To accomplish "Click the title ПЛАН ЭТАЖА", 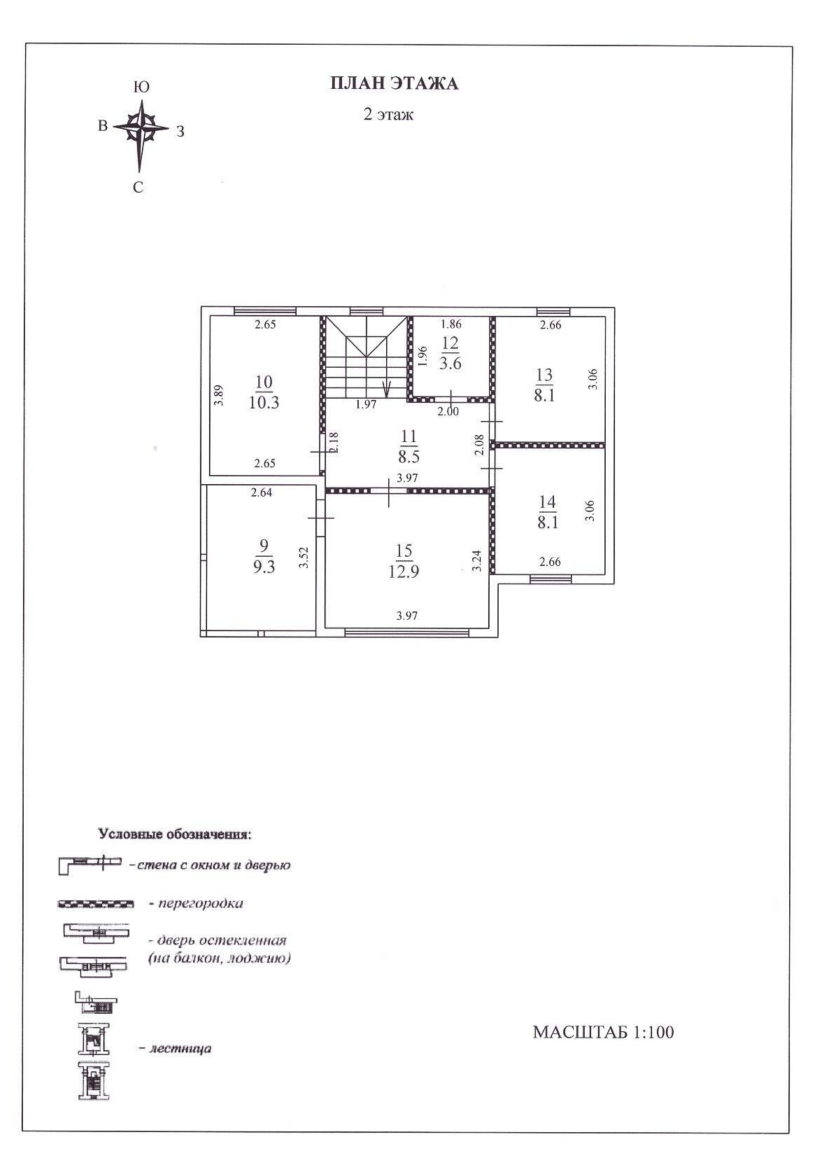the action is coord(394,84).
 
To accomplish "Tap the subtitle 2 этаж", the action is coord(388,114).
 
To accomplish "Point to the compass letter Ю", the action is coord(141,87).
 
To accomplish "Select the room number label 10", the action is coord(264,382).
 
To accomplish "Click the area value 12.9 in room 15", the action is coord(403,571).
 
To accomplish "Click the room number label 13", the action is coord(544,375).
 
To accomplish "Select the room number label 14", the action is coord(547,502).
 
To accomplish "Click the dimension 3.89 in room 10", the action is coord(219,395).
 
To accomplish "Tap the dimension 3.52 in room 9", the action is coord(303,557).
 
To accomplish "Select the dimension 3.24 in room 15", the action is coord(477,561).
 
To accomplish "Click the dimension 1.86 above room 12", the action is coord(451,324).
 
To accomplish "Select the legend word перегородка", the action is coord(200,903).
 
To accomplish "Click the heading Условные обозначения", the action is coord(175,835).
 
